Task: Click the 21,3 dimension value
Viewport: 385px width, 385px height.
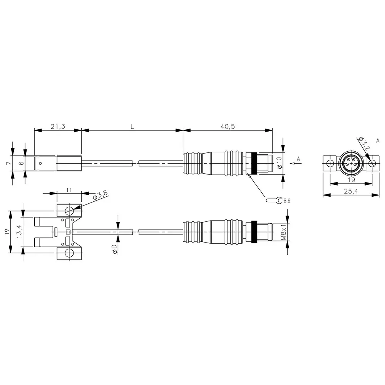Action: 57,126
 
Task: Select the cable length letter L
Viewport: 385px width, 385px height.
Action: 132,126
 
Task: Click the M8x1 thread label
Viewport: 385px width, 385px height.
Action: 284,232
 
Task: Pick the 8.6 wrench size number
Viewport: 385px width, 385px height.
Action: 287,201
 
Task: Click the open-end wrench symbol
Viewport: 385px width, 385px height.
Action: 274,200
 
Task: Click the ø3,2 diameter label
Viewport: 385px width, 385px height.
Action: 365,144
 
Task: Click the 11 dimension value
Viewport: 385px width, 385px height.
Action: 69,190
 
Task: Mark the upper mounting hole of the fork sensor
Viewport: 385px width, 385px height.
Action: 70,211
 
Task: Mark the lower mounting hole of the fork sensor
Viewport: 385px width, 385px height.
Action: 70,253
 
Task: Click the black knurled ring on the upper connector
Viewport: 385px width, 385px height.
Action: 254,164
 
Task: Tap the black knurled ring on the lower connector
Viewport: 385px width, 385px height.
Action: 254,232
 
